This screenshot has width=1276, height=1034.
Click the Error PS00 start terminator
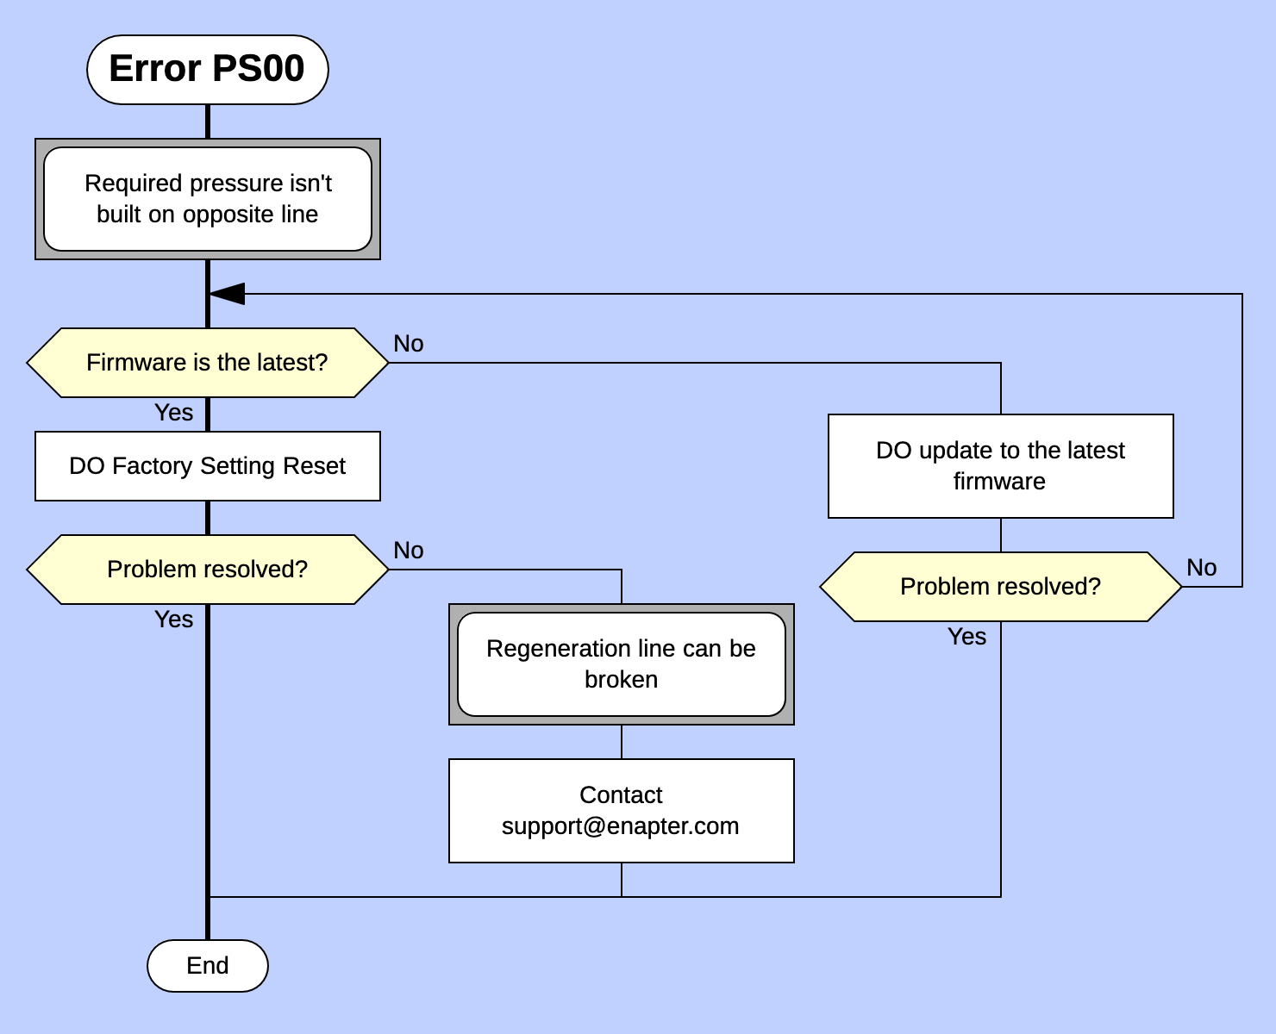pos(208,70)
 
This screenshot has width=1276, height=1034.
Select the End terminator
pos(208,966)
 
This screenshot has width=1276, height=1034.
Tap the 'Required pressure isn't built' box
pos(208,199)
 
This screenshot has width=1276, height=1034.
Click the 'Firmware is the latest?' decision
pos(208,363)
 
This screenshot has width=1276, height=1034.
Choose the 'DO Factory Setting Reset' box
pos(208,466)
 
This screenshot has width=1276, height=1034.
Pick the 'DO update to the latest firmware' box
pos(1000,466)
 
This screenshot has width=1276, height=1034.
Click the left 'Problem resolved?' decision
pos(208,570)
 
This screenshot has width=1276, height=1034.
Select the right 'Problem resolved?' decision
pos(1000,587)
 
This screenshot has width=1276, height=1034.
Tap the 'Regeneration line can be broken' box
pos(621,664)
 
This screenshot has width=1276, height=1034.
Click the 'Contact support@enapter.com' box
pos(621,811)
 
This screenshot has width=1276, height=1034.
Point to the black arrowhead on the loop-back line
pos(228,294)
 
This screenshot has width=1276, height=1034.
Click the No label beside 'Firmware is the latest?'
pos(408,344)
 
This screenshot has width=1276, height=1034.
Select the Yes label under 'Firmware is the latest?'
pos(173,413)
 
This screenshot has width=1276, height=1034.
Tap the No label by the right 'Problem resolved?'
pos(1201,568)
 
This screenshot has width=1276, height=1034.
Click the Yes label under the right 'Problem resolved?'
pos(966,637)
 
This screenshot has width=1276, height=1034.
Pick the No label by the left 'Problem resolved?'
pos(408,551)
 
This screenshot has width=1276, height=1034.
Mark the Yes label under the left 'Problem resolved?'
pos(173,620)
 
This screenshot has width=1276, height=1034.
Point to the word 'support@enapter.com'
pos(620,826)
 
